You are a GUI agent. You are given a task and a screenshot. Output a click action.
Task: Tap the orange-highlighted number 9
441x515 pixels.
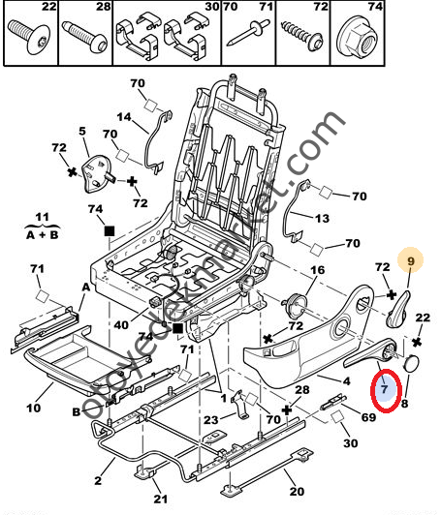pos(410,259)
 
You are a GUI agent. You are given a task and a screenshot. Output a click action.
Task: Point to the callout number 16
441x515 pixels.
pos(317,270)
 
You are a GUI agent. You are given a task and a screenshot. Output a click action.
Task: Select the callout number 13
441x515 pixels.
pos(322,219)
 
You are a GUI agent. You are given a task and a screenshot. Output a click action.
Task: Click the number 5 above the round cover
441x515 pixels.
pos(83,131)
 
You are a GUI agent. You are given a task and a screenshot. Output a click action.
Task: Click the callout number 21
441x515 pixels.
pos(160,499)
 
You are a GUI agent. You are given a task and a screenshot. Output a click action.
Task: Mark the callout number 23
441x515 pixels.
pos(210,419)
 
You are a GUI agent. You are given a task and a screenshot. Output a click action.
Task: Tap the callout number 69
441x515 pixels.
pos(367,416)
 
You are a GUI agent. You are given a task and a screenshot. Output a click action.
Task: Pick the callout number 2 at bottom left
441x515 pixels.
pos(97,478)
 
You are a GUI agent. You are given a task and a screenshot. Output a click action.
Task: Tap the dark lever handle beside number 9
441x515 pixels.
pos(400,308)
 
